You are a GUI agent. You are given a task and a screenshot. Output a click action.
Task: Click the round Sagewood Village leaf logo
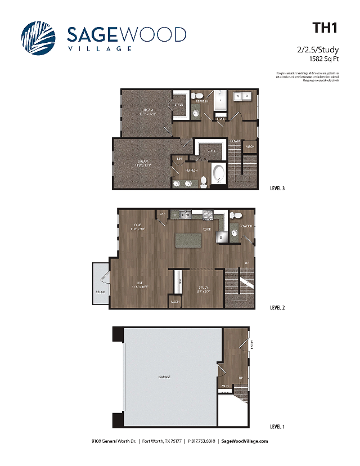[38, 38]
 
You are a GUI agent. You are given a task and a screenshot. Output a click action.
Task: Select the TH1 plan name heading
[325, 28]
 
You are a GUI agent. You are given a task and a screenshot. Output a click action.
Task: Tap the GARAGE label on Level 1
[164, 377]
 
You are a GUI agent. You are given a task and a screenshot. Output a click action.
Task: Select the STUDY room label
[203, 288]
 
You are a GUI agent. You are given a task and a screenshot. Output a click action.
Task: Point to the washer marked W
[237, 96]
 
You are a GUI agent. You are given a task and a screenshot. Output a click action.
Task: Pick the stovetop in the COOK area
[208, 214]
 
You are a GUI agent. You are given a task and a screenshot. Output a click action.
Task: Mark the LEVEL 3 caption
[278, 189]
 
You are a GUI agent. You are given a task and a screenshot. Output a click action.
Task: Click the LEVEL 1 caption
[278, 427]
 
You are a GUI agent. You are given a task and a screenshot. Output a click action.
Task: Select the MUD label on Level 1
[224, 386]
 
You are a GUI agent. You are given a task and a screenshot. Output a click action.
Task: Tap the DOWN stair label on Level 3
[235, 141]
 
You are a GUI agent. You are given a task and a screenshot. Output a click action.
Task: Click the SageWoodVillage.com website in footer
[245, 441]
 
